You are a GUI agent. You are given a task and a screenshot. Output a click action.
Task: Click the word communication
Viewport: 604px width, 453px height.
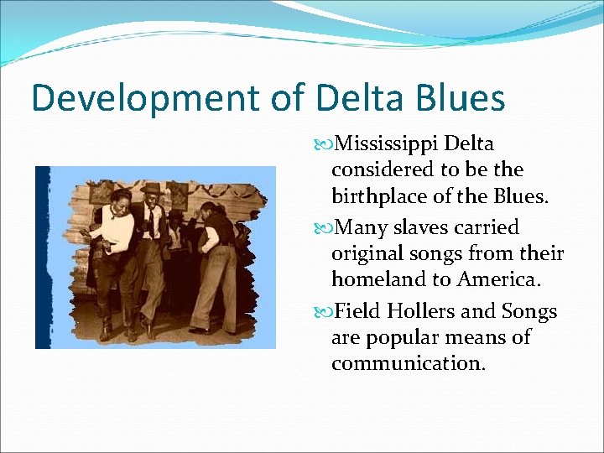pyautogui.click(x=408, y=364)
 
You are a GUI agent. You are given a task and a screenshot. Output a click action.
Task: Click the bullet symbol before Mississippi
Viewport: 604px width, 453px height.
pyautogui.click(x=327, y=145)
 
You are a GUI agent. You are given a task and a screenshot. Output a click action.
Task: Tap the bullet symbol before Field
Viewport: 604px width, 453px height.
pyautogui.click(x=327, y=313)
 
